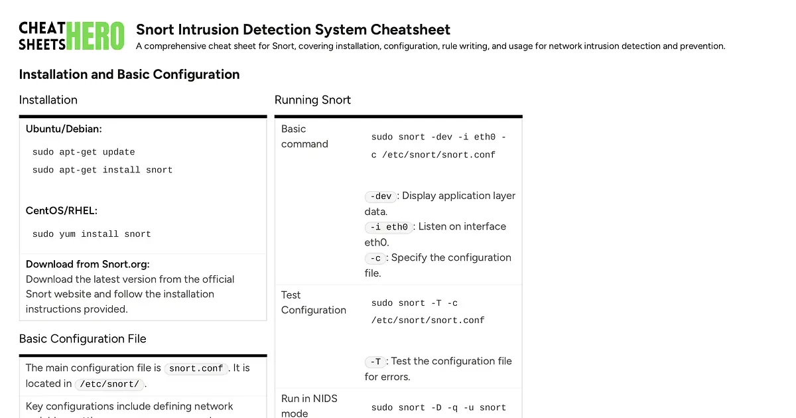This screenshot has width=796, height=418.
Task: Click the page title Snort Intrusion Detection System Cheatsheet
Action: click(293, 29)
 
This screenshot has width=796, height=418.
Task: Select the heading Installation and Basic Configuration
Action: click(129, 74)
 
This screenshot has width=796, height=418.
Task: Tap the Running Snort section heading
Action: click(312, 100)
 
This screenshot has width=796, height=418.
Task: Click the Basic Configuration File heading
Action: click(82, 339)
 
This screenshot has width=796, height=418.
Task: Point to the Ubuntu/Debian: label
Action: click(64, 129)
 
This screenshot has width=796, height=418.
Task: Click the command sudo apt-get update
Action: click(84, 152)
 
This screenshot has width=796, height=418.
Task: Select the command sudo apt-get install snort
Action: click(102, 171)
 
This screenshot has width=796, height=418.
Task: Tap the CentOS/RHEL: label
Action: click(62, 210)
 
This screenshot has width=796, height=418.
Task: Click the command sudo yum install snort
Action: click(92, 234)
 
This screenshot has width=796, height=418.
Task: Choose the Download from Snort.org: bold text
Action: click(88, 264)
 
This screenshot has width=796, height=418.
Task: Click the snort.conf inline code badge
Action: click(196, 368)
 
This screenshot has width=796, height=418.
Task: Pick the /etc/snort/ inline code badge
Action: click(109, 384)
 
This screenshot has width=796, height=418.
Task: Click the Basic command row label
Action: click(304, 136)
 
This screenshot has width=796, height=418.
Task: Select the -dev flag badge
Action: click(381, 196)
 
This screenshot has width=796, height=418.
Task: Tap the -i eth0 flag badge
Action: click(389, 227)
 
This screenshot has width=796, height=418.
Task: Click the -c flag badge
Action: click(375, 258)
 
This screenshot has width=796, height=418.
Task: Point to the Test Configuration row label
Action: click(314, 303)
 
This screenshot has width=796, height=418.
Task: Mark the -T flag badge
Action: click(375, 362)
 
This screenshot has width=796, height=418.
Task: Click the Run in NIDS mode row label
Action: click(309, 405)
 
